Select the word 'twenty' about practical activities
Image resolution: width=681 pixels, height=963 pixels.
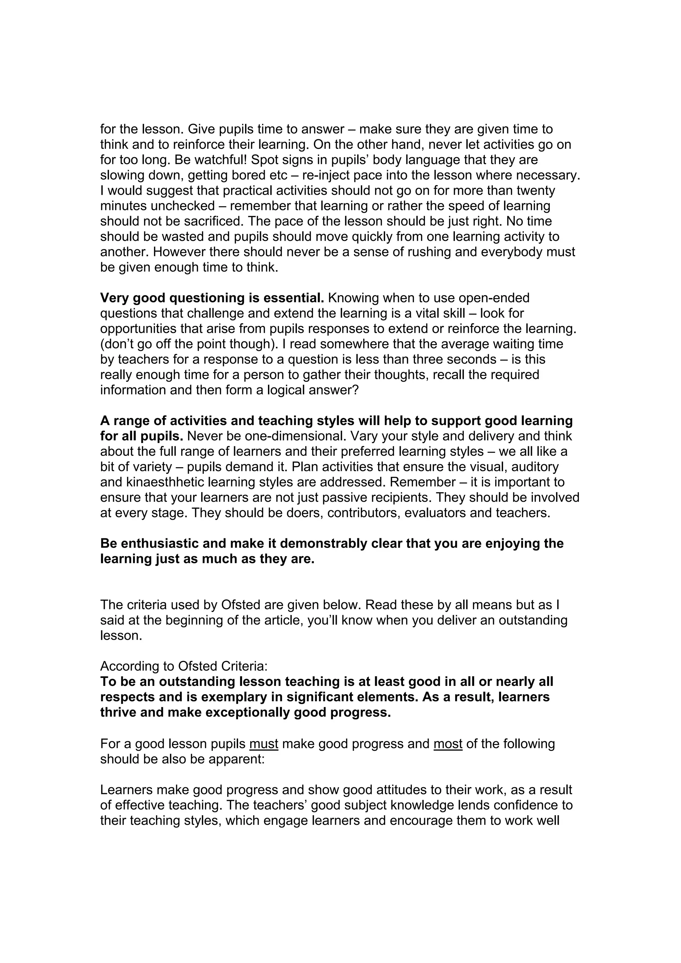click(x=535, y=190)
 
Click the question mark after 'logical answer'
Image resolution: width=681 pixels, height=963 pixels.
click(x=356, y=390)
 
